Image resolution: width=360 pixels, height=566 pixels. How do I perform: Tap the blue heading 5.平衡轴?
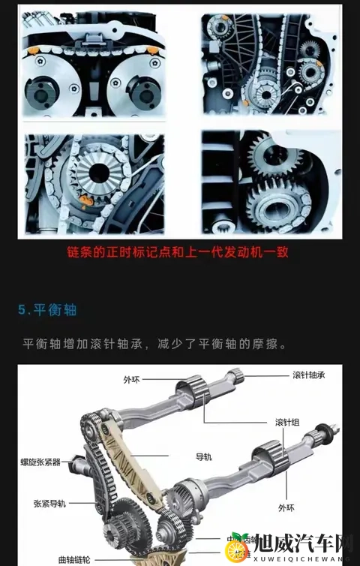[x=48, y=309]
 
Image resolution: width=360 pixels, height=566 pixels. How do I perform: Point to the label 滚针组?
[x=288, y=422]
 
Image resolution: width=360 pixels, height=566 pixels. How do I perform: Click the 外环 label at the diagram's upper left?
[x=131, y=380]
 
